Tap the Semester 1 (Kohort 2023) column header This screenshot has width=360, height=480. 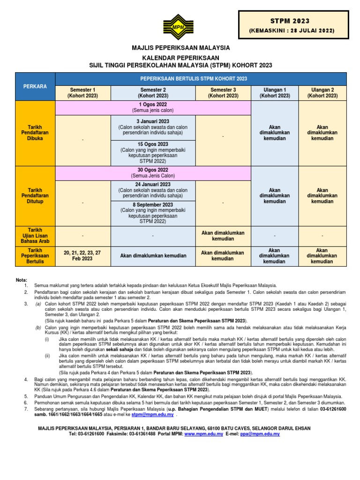pos(82,92)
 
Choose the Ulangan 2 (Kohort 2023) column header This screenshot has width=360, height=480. pos(322,92)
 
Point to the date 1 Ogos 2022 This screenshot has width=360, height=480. pos(153,104)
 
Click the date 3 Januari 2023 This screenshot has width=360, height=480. pos(153,121)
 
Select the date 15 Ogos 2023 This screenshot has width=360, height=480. pos(153,144)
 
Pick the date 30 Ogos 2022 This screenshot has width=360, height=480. pos(153,170)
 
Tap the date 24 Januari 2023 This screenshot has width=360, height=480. pos(153,185)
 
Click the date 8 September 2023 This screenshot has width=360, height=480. pos(153,205)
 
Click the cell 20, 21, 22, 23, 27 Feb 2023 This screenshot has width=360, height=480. pos(82,255)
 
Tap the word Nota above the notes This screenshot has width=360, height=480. pos(22,280)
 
